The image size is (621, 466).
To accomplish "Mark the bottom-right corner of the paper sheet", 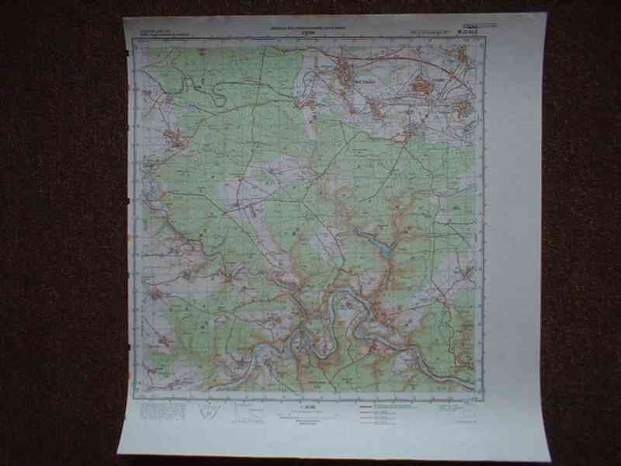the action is point(550,460).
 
